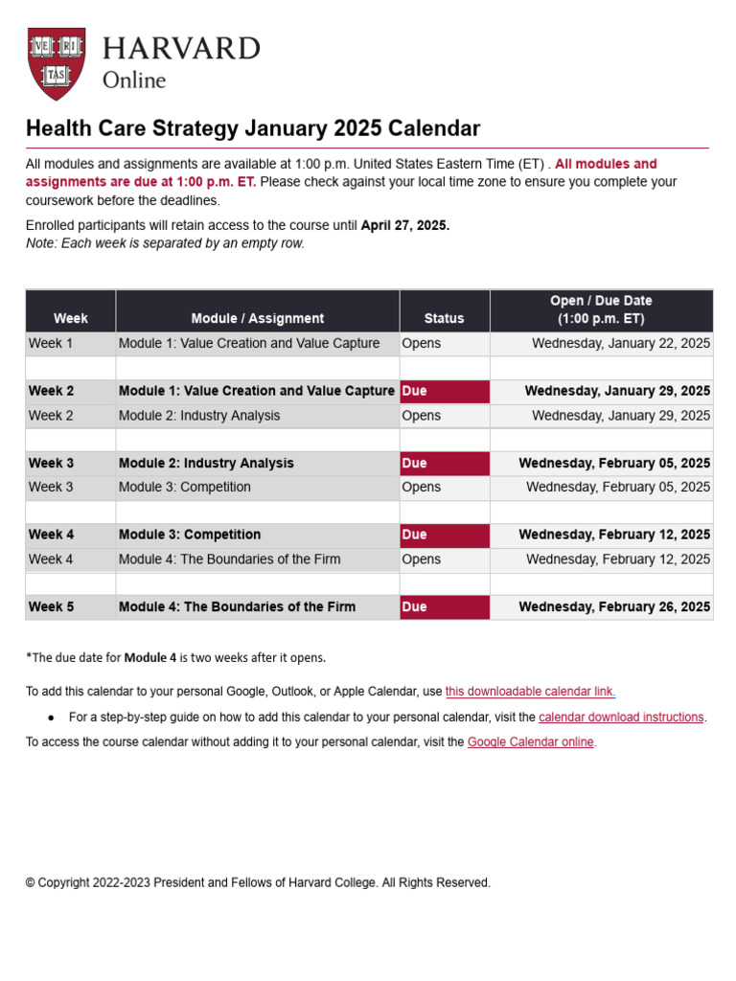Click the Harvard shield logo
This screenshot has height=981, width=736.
click(x=57, y=63)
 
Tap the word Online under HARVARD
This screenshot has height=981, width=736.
click(x=134, y=80)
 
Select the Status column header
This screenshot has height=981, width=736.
click(x=444, y=318)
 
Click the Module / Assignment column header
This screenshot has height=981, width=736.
click(x=258, y=318)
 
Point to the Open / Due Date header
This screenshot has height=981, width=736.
click(x=601, y=309)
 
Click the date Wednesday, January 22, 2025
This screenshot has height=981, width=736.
click(x=621, y=343)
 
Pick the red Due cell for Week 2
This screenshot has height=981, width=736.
click(x=444, y=391)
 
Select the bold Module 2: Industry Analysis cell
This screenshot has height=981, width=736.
click(x=206, y=463)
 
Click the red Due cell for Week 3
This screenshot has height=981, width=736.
click(x=444, y=463)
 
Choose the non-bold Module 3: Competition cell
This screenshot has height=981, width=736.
click(x=185, y=487)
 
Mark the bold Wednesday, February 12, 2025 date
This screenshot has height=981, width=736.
click(x=614, y=535)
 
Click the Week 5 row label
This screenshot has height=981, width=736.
click(x=52, y=606)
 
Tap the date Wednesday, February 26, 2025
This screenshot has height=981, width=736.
click(x=614, y=606)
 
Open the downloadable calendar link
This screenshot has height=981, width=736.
click(x=531, y=691)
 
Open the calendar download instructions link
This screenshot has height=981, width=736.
click(x=621, y=717)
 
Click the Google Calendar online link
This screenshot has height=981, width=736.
click(x=530, y=741)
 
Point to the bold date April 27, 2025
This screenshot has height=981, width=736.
click(x=404, y=226)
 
